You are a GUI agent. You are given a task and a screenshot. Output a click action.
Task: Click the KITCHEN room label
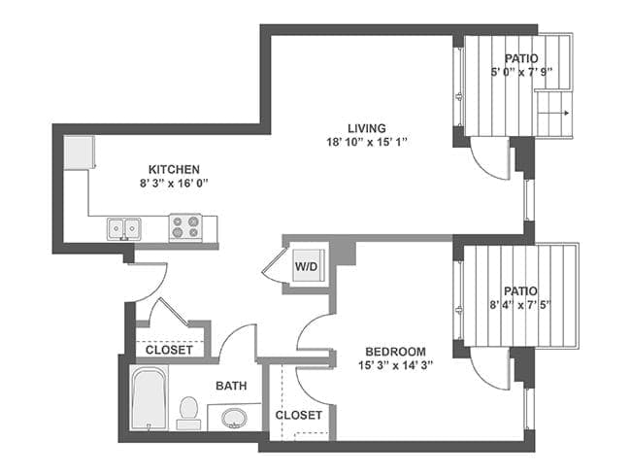pos(174,169)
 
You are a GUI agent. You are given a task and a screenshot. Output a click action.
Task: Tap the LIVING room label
pos(367,128)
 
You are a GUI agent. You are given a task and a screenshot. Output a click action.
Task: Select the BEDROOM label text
pos(395,351)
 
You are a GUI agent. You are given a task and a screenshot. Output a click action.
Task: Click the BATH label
pos(231,386)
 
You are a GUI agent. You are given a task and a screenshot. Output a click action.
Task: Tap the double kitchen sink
pos(124,228)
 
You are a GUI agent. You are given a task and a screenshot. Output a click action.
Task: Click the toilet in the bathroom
pos(190,412)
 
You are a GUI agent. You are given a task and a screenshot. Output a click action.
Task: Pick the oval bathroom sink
pos(234,419)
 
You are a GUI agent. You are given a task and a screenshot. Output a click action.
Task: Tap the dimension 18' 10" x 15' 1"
pos(367,142)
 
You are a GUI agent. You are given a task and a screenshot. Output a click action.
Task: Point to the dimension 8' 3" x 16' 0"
pos(174,183)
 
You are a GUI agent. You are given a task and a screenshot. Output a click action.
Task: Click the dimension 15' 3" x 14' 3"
pos(395,365)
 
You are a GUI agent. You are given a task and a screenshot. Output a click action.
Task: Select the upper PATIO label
pos(515,58)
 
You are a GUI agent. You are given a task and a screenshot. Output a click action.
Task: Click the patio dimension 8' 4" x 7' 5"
pos(520,305)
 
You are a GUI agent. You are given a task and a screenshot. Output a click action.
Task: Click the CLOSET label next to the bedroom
pos(298,415)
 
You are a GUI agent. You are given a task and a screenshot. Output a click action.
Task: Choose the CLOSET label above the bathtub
pos(169,350)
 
